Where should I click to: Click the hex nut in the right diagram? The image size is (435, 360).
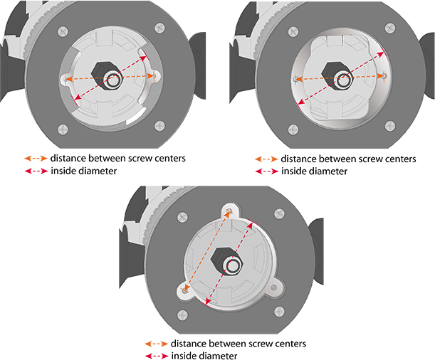click(x=337, y=75)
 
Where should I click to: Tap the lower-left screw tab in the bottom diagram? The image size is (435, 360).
click(x=184, y=289)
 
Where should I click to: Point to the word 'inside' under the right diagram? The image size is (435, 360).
click(x=295, y=171)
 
